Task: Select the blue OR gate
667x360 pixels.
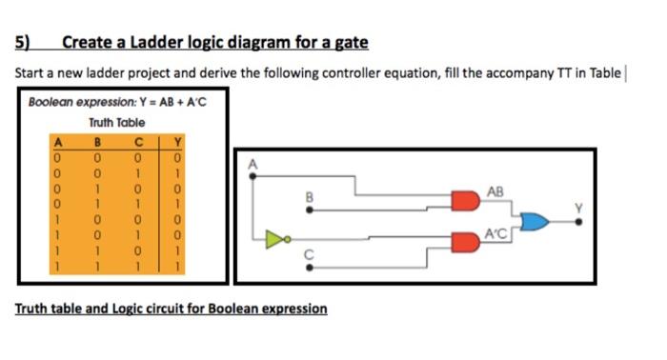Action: pos(536,221)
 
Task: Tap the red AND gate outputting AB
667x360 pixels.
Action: pos(464,201)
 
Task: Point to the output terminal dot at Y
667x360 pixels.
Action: pos(581,222)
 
